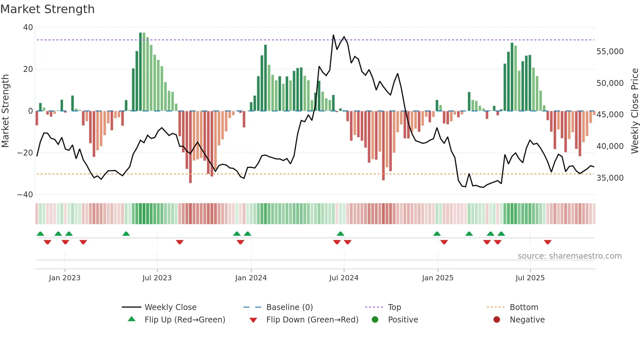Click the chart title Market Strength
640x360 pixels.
(47, 9)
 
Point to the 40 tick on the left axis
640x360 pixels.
(28, 27)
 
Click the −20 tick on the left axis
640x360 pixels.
(25, 153)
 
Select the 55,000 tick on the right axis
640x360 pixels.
(610, 52)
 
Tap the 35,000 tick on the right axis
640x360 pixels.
(610, 178)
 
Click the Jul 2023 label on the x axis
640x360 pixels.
(157, 278)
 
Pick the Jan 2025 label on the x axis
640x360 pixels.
(438, 278)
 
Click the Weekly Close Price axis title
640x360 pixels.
(634, 111)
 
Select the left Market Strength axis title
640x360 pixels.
(5, 111)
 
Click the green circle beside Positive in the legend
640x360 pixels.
(375, 320)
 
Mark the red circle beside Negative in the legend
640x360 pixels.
(497, 320)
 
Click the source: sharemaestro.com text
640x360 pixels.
(569, 256)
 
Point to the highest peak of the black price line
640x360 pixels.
(333, 35)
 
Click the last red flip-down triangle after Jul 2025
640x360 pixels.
(548, 242)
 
